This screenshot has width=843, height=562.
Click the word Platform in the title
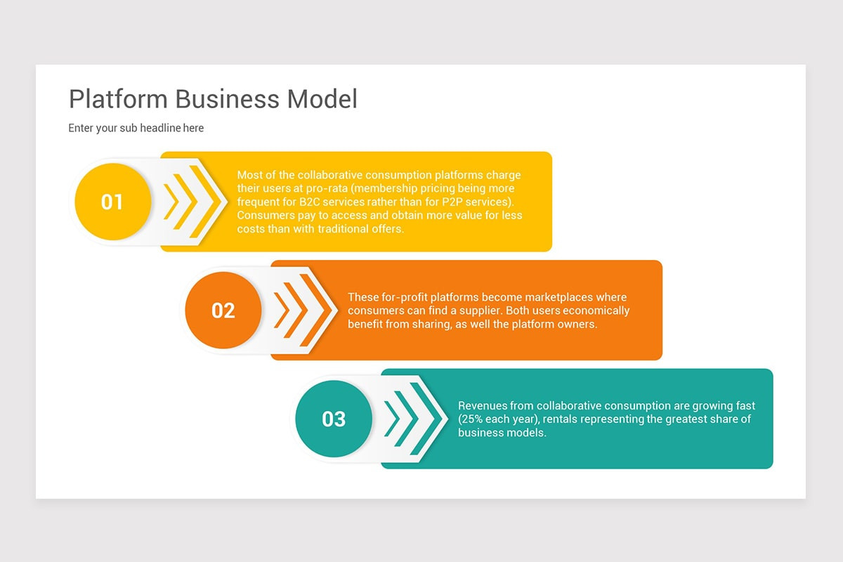tap(118, 99)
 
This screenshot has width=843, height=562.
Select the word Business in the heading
tap(227, 99)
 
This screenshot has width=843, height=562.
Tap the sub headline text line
tap(136, 128)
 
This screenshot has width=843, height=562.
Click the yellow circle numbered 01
tap(112, 202)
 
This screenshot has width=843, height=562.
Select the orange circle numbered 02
tap(223, 311)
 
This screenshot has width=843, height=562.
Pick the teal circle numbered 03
tap(334, 419)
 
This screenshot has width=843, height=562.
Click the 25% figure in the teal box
tap(472, 419)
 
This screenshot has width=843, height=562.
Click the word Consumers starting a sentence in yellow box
tap(263, 215)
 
